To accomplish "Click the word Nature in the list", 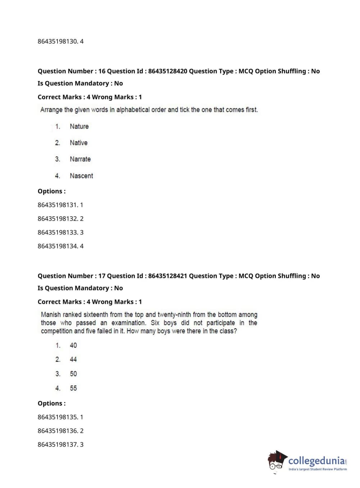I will (79, 126).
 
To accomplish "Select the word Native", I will (78, 143).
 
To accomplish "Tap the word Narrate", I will (80, 159).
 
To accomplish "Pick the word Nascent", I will (81, 176).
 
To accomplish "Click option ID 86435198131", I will (58, 205).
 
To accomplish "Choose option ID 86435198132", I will (58, 218).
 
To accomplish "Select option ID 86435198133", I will (58, 232).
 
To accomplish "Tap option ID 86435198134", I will (58, 246).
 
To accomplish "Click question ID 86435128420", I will (168, 71).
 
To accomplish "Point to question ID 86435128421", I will (168, 276).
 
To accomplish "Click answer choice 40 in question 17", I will (73, 345).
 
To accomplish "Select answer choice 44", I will (73, 360).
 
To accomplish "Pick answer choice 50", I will (73, 374).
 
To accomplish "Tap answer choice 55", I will (73, 388).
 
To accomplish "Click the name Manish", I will (51, 315).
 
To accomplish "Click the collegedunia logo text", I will (316, 461).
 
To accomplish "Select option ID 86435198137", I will (58, 444).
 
